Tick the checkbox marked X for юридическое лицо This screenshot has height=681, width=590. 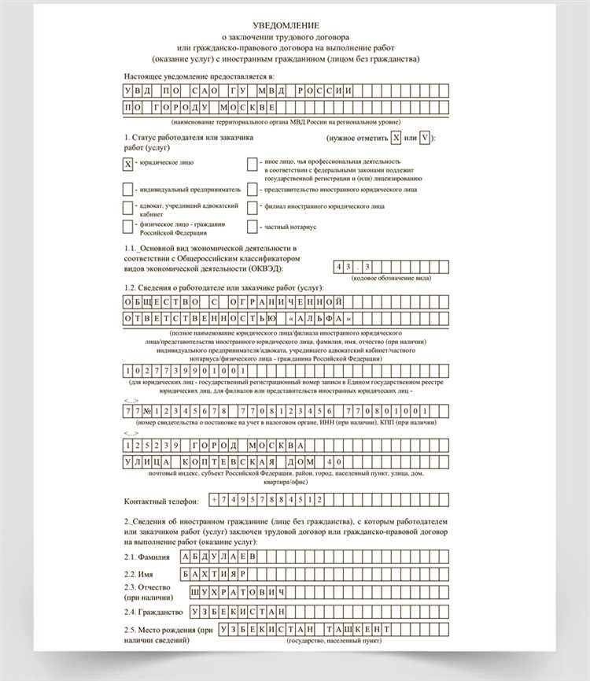(127, 164)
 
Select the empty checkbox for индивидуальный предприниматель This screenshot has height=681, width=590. (127, 190)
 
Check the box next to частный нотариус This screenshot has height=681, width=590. (252, 227)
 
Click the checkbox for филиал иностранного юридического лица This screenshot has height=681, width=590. (252, 207)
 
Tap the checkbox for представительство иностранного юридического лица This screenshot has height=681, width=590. (252, 190)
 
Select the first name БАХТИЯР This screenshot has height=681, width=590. (213, 574)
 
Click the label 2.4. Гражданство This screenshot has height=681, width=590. (153, 612)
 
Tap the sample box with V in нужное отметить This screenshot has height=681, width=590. (425, 139)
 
